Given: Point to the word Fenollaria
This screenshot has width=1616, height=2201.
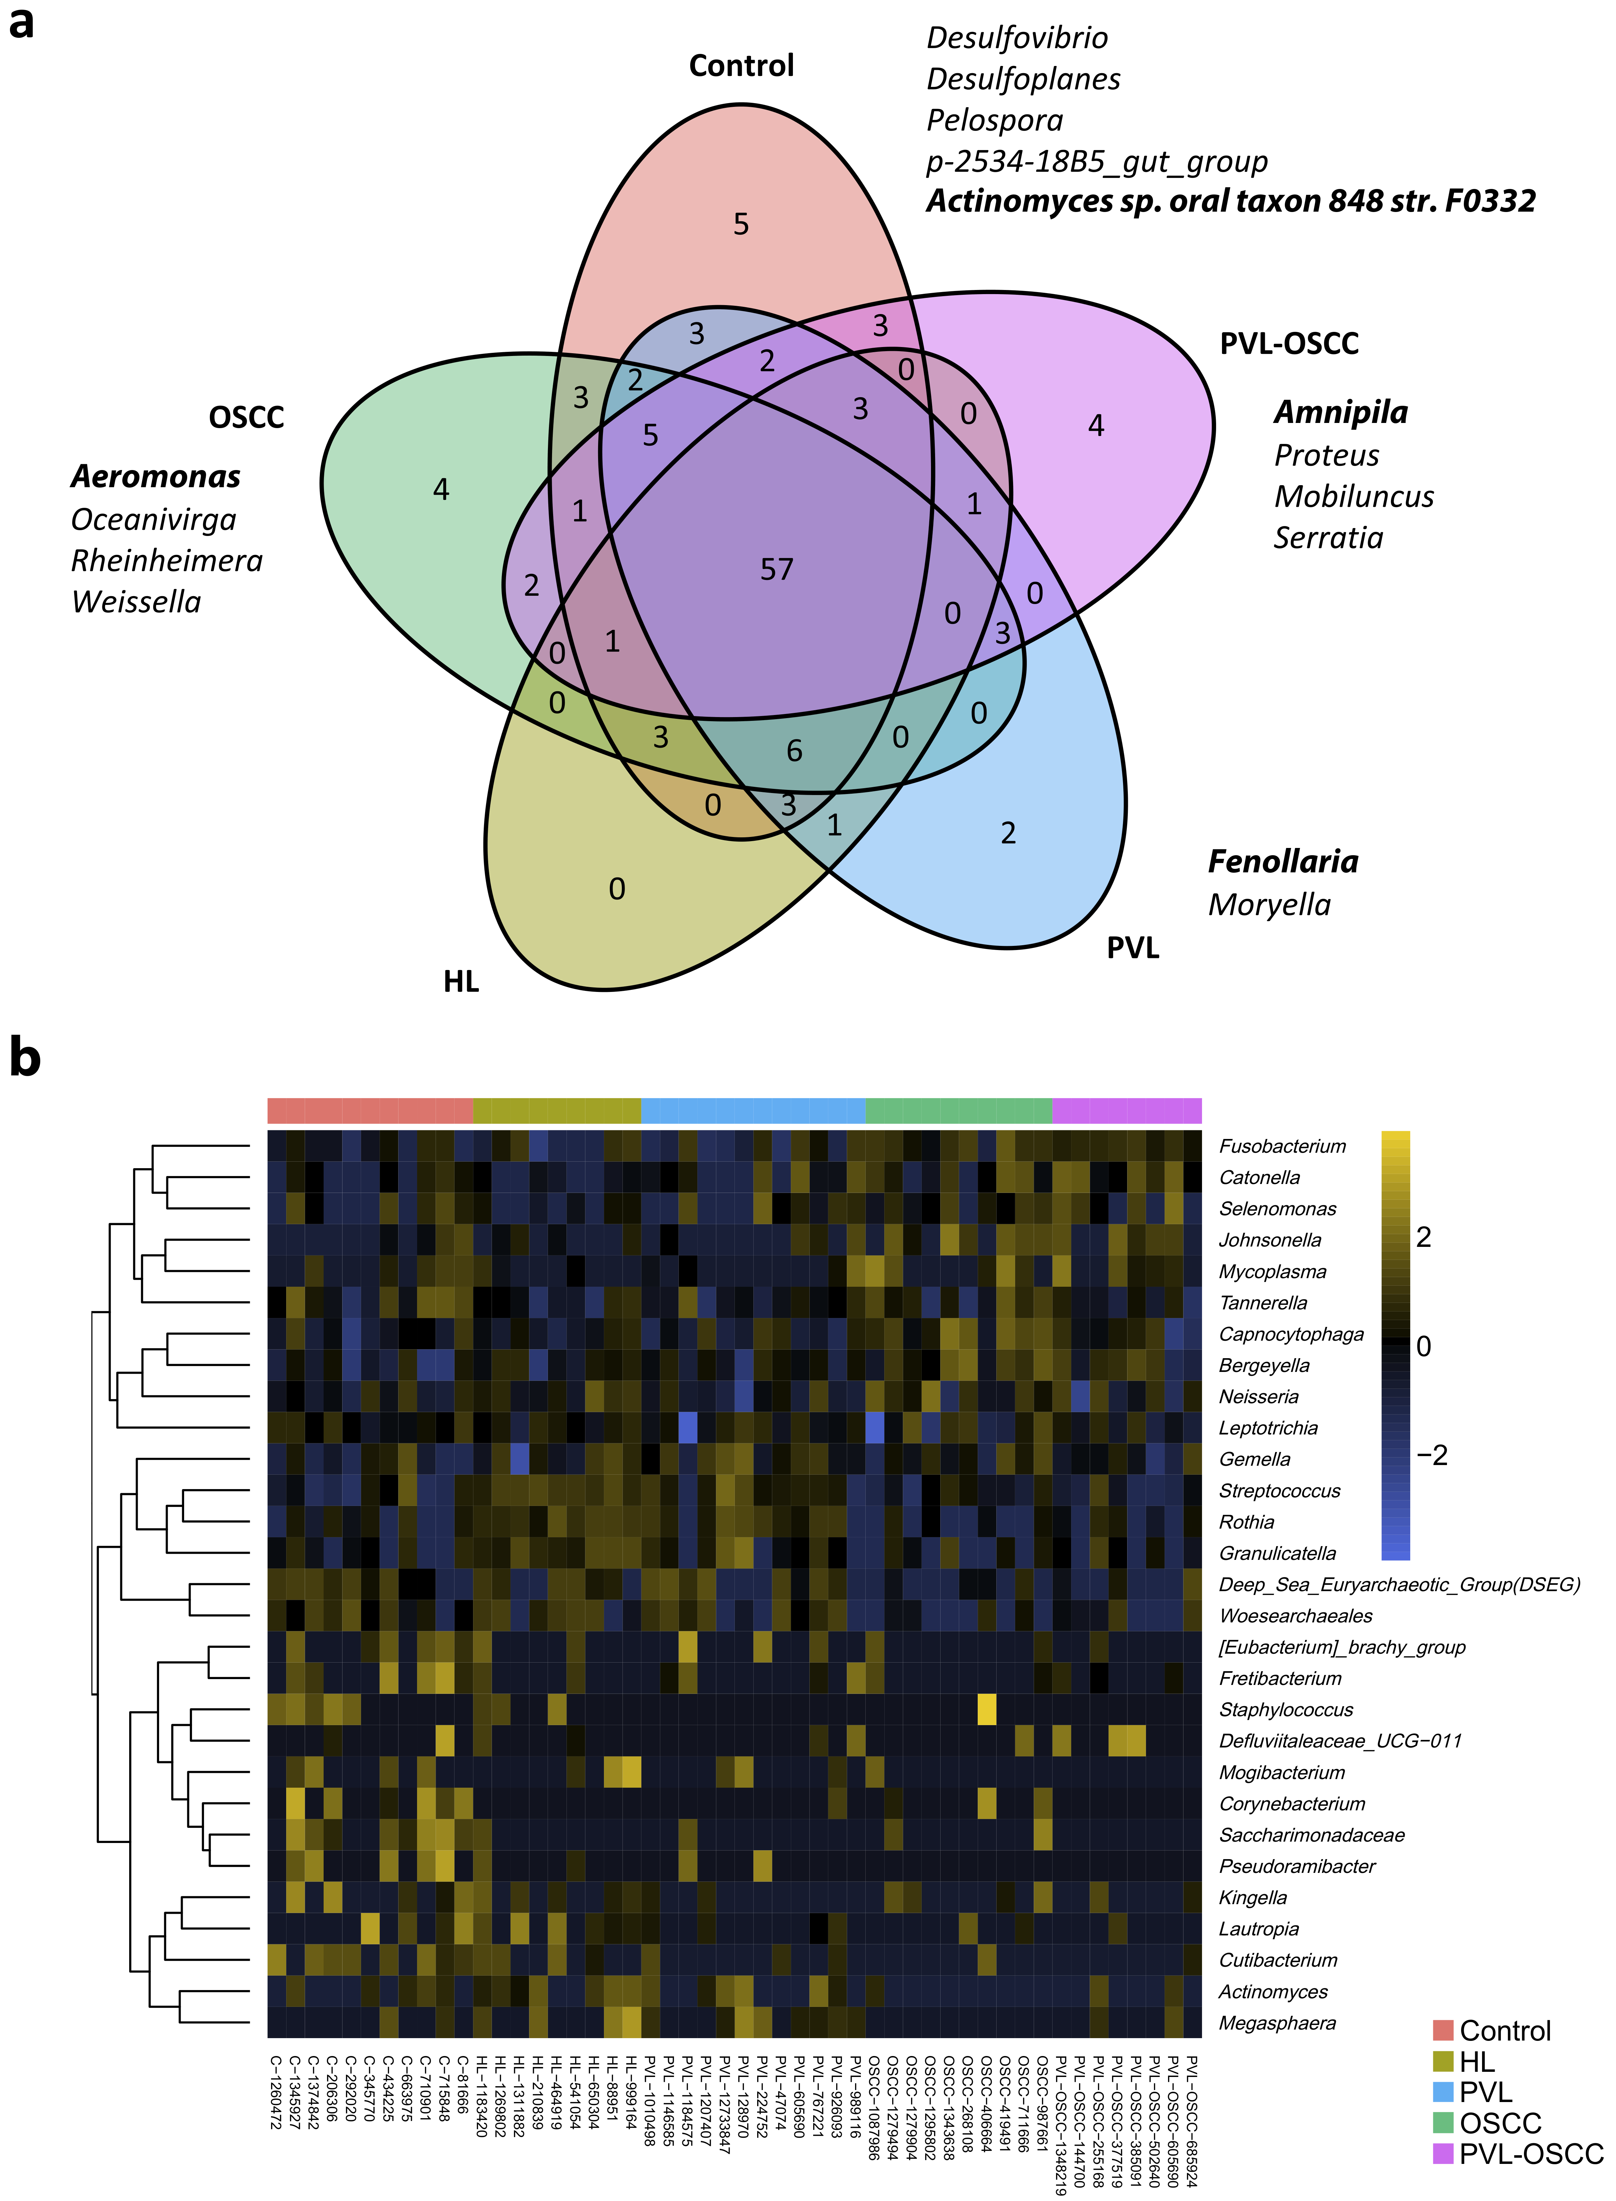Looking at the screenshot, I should click(1282, 862).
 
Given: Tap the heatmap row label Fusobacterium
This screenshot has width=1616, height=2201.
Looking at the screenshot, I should click(1281, 1147).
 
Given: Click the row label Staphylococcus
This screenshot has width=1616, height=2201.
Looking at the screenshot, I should click(1286, 1710).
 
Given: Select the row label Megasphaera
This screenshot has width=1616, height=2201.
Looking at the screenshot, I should click(1277, 2023).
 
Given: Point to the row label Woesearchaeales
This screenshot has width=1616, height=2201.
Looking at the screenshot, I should click(1295, 1616).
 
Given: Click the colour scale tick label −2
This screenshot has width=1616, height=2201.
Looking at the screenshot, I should click(1431, 1456).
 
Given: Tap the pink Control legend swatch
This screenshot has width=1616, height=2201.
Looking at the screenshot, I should click(1443, 2031).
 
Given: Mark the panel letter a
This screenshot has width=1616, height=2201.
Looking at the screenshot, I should click(22, 22).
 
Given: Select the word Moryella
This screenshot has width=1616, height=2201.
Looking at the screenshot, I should click(1269, 905).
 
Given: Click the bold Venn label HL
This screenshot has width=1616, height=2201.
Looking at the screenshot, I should click(461, 981).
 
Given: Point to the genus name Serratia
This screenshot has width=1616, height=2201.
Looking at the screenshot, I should click(1327, 538).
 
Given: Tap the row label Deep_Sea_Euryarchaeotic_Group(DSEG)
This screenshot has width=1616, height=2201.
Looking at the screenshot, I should click(1399, 1585).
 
